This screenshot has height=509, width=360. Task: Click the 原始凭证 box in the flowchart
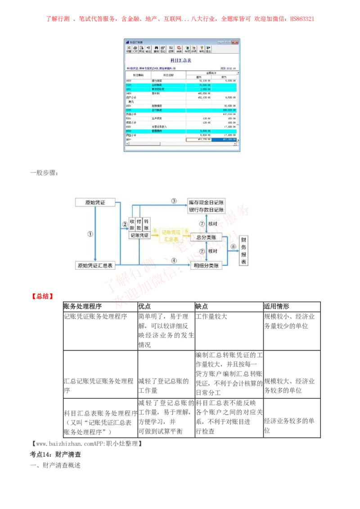(x=94, y=202)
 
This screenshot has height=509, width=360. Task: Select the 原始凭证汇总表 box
(x=94, y=265)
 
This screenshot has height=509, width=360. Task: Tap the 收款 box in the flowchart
(x=132, y=225)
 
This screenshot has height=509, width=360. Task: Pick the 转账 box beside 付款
(x=147, y=225)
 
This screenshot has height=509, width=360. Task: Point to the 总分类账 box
(x=207, y=237)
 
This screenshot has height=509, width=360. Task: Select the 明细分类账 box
(x=207, y=266)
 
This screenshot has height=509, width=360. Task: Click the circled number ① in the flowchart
(x=90, y=234)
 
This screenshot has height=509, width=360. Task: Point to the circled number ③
(x=174, y=200)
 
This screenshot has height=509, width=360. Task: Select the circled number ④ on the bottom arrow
(x=174, y=260)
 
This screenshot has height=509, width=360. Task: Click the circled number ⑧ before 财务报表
(x=233, y=246)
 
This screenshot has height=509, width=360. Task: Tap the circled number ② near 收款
(x=125, y=224)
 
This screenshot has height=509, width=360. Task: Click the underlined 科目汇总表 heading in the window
(x=181, y=60)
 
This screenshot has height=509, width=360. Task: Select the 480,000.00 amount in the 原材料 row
(x=203, y=93)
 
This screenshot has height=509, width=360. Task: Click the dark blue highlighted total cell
(x=224, y=140)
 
